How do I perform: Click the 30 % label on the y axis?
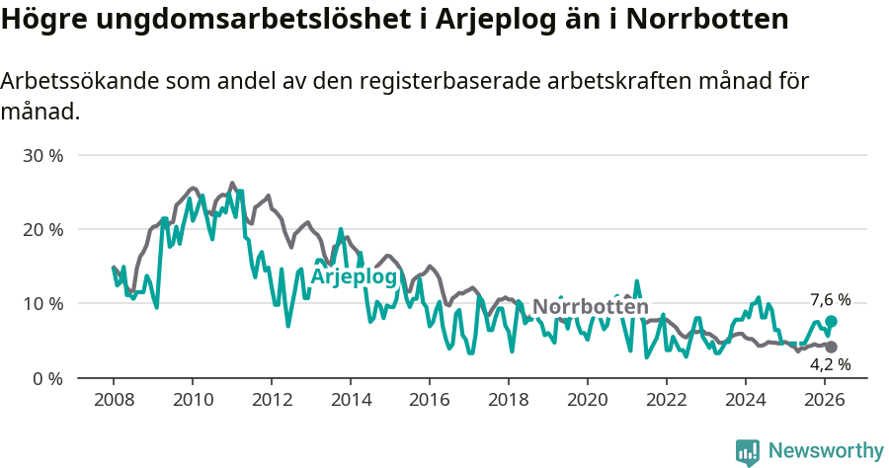43,155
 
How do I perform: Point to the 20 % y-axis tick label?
43,229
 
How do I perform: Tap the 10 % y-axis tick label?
43,303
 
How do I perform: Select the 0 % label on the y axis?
47,377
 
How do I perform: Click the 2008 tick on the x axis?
113,399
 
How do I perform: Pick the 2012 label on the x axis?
271,399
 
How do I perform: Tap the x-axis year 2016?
429,399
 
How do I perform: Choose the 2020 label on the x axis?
587,399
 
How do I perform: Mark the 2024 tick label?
745,399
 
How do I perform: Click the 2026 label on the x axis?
824,399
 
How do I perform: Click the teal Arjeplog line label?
354,277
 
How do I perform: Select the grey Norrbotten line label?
591,307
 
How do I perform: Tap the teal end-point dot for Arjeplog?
832,321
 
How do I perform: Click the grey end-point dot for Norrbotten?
832,347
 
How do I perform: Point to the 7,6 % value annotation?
830,300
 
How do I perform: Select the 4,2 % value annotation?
830,364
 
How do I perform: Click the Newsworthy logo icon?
748,451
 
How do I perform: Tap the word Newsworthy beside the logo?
826,451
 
